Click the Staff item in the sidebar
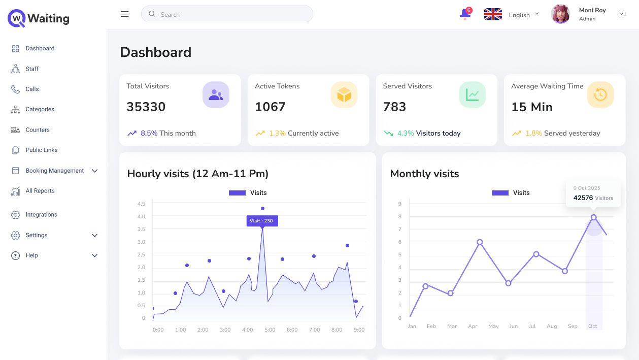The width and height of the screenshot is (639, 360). [31, 69]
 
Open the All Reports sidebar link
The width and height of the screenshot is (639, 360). [40, 191]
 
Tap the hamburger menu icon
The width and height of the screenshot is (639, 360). [125, 14]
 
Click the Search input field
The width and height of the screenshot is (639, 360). [227, 14]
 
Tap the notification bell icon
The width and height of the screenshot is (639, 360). [464, 14]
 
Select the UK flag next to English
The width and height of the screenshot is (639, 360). [493, 14]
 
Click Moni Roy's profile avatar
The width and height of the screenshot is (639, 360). [560, 14]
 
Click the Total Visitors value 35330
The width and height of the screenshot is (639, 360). [146, 107]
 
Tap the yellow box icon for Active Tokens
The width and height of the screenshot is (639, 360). [344, 95]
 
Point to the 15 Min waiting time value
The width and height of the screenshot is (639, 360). [532, 107]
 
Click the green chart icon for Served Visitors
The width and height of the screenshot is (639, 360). [473, 95]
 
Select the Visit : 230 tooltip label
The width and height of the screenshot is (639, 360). [262, 221]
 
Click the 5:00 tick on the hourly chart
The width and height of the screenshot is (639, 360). [270, 330]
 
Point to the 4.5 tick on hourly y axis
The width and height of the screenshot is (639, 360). [141, 204]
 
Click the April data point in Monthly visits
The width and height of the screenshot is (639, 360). [480, 242]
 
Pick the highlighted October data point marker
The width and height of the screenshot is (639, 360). [593, 217]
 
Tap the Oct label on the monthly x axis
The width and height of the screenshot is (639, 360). [593, 326]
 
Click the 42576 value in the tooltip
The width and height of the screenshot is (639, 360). [583, 198]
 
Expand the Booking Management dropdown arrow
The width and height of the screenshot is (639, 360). [94, 171]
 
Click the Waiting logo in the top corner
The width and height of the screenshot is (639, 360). [39, 19]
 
